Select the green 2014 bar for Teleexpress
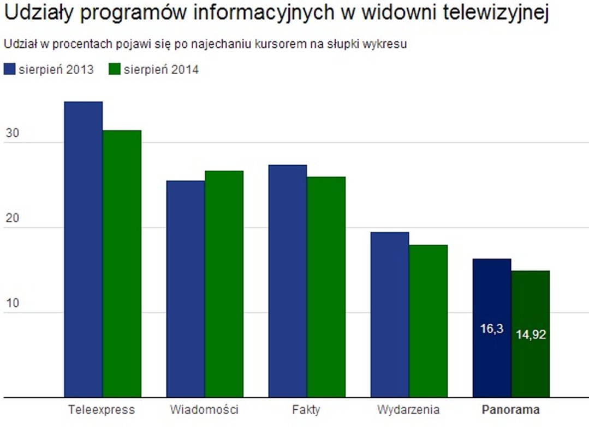pos(122,264)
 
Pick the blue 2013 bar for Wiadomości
pos(186,289)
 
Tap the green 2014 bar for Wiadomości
pos(224,284)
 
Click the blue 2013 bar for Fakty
pos(288,281)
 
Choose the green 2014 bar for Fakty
pos(326,287)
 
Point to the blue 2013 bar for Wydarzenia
pos(390,314)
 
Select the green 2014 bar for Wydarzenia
pos(428,321)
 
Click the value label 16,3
pos(491,329)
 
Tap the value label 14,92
pos(531,335)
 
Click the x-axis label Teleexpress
pos(102,410)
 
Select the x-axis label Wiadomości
pos(204,410)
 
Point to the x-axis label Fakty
pos(306,410)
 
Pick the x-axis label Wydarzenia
pos(408,410)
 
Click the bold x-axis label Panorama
pos(510,410)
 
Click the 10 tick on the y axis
pos(11,304)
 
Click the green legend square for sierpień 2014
pos(114,69)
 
